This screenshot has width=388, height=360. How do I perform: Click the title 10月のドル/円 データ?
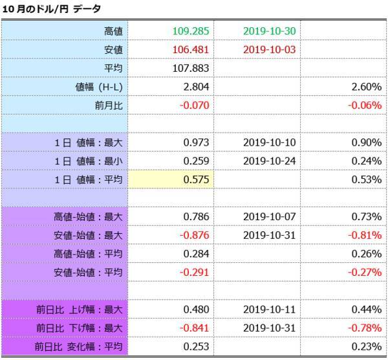51,9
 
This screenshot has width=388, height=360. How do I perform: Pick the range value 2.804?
195,86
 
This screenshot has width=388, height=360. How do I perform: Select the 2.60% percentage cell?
365,86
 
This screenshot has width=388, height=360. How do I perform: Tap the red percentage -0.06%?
363,105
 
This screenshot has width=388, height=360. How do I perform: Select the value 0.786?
195,216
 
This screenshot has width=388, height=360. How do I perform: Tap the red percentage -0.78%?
363,328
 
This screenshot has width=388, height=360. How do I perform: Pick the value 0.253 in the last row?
195,347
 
